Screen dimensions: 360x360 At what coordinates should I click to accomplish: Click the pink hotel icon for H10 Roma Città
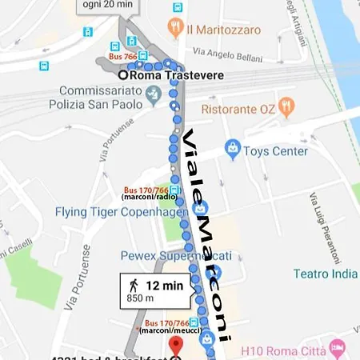[x=337, y=349]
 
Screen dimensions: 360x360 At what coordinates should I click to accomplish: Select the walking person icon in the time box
[x=132, y=285]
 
